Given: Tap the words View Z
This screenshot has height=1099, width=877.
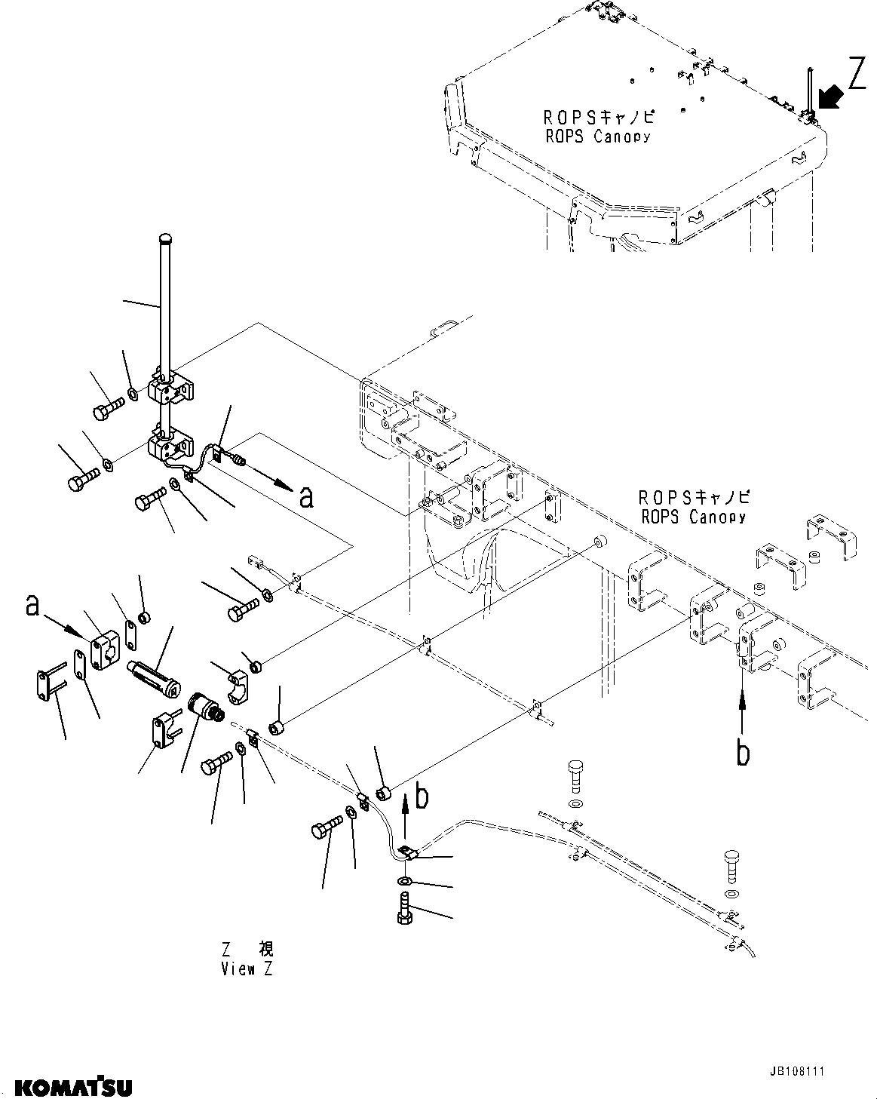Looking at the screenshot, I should point(247,969).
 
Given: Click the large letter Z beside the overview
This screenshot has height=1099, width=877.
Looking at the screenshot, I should point(857,75).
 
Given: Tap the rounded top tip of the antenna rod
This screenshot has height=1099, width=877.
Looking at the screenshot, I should point(167,240).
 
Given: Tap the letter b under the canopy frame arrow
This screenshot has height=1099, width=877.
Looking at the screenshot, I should point(743,753).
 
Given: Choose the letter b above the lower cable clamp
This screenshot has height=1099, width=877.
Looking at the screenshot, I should point(423,796).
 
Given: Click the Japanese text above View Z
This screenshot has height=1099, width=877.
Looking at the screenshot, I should point(247,949).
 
